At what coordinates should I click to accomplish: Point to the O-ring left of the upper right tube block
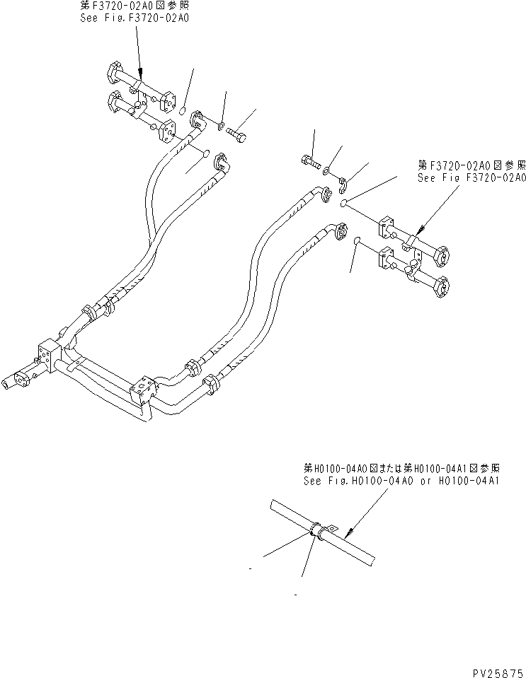coord(342,204)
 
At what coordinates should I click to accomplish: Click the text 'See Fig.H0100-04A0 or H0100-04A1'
coord(401,480)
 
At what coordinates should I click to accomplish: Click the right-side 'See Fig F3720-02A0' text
coord(471,178)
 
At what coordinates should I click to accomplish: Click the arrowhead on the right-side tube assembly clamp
coord(418,230)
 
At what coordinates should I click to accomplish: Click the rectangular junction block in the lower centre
coord(142,391)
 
